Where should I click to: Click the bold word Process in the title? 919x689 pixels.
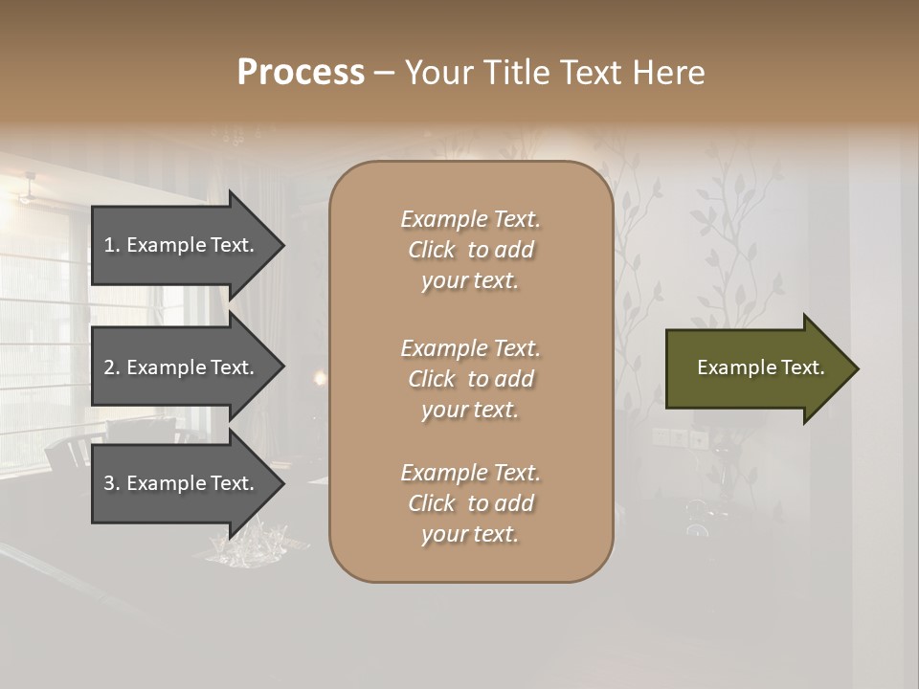pos(301,73)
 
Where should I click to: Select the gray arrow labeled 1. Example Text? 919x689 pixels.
pos(182,245)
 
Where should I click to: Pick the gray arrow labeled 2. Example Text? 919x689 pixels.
pos(182,367)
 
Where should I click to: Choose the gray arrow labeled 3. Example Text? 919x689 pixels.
pos(182,483)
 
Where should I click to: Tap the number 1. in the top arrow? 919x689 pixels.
pos(111,245)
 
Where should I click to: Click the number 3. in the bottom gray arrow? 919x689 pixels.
pos(111,483)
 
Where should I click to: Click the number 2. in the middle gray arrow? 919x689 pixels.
pos(111,367)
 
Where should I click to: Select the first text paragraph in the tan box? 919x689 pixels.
pos(470,250)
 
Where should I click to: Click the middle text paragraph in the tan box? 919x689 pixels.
pos(470,379)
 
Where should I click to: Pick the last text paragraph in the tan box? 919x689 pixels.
pos(470,503)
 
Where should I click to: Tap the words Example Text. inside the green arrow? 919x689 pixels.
pos(760,367)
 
